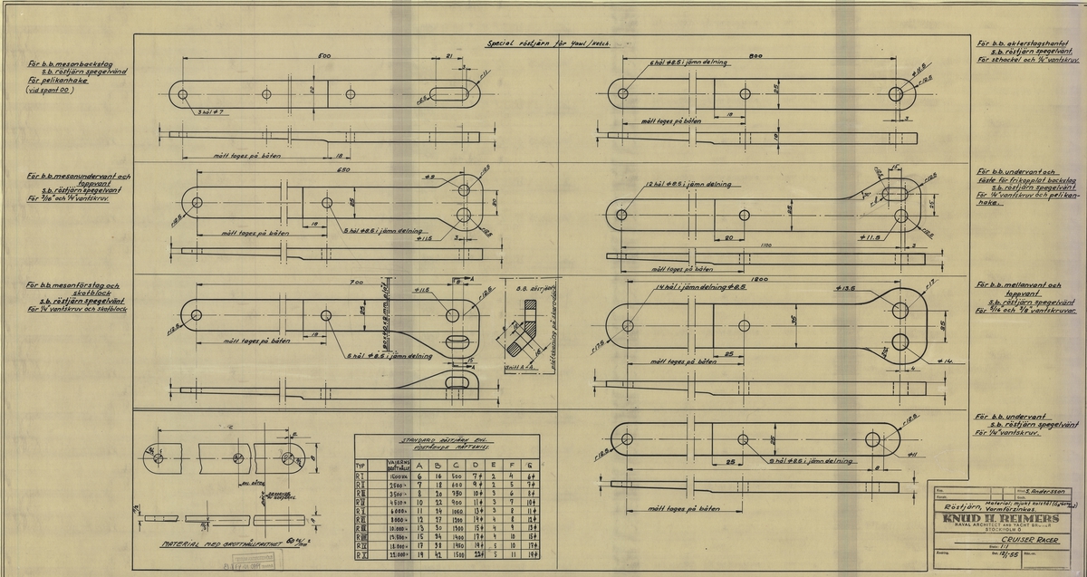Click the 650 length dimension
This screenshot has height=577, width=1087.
click(x=320, y=171)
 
